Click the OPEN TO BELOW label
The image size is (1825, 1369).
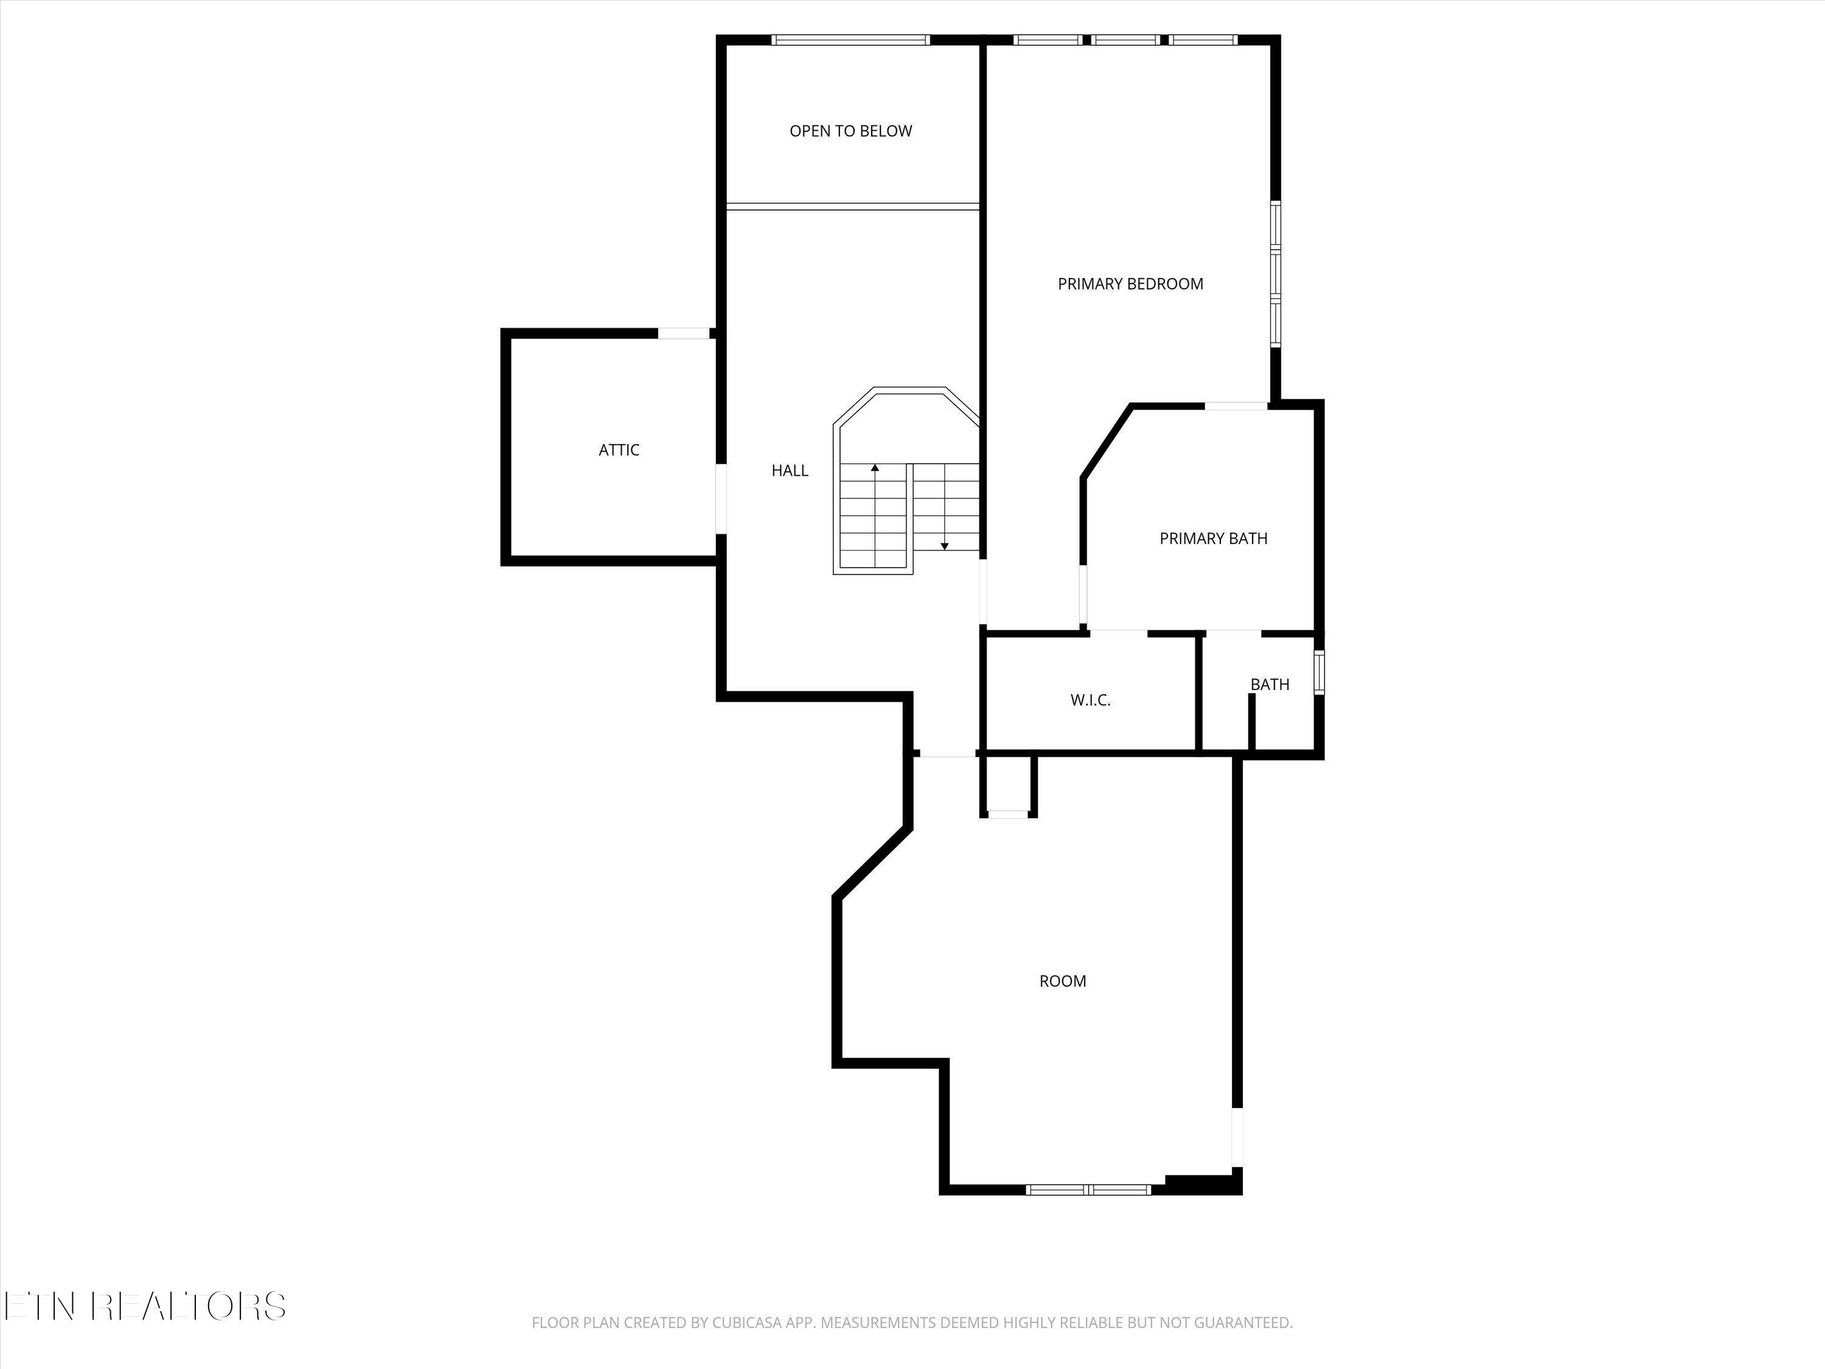850,131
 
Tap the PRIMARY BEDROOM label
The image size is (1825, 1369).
1130,284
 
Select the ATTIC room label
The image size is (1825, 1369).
619,450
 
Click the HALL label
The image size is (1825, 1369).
790,470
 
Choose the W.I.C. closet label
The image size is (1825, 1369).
1090,700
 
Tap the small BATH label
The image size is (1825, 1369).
1269,684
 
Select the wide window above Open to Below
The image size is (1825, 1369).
850,40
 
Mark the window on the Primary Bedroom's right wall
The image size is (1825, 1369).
1274,273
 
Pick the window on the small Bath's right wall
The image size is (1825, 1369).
1318,672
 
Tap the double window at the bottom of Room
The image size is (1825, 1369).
1088,1189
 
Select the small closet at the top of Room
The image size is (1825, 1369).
1007,786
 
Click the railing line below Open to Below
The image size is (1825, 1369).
852,206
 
